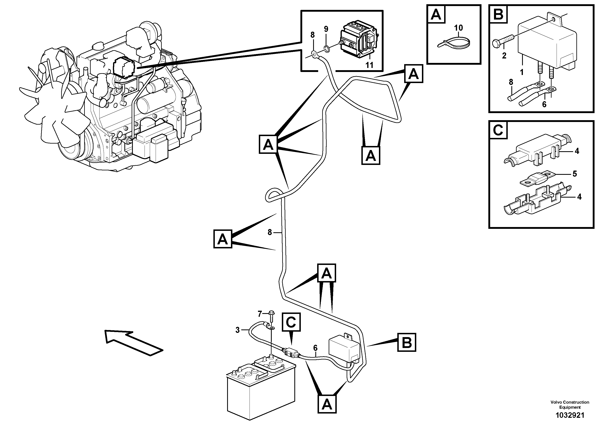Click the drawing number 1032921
(x=570, y=415)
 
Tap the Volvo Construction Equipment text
(x=570, y=404)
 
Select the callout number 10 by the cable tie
(x=458, y=28)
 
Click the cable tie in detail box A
(x=454, y=43)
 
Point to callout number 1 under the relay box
(x=521, y=72)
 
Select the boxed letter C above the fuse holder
(x=291, y=322)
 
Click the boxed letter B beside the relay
(x=407, y=342)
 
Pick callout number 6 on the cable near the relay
(x=315, y=348)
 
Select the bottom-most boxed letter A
(x=327, y=404)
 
